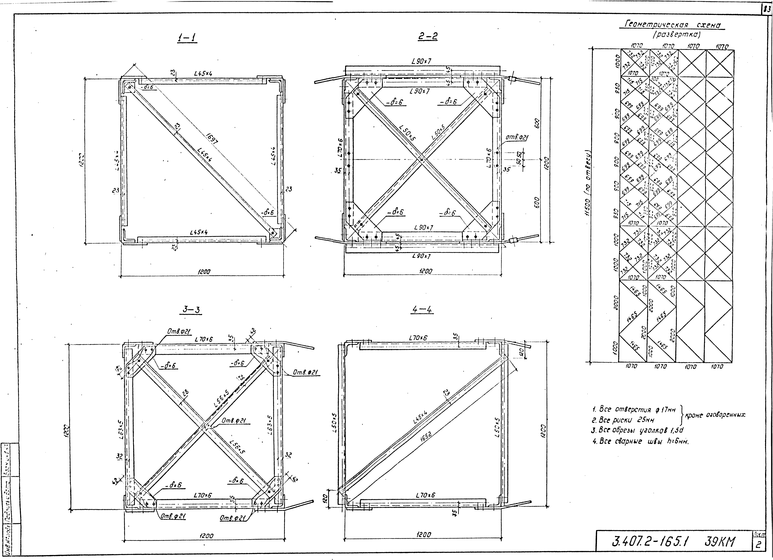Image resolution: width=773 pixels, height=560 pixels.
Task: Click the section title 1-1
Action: point(187,38)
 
